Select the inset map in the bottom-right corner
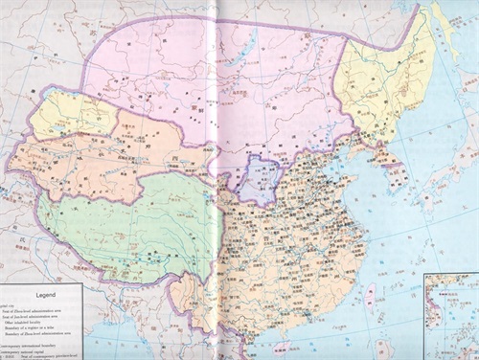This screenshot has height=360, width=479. (450, 316)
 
